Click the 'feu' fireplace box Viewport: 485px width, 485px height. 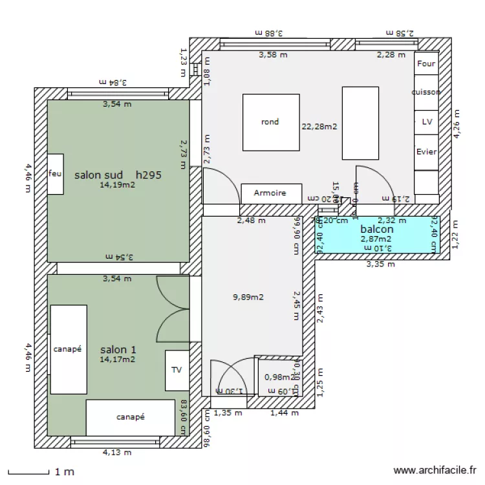pos(55,174)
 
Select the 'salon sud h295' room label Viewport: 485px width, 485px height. pos(117,175)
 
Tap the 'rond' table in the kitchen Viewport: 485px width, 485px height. pos(270,122)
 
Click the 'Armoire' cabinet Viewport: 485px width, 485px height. pos(272,193)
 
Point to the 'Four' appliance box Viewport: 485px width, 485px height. pos(426,64)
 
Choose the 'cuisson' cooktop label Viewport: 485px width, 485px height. pos(426,92)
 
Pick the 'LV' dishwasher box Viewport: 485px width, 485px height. pos(426,121)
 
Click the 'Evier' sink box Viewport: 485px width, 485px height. pos(426,151)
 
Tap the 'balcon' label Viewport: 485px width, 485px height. pos(377,229)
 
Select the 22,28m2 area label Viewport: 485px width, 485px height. pos(319,127)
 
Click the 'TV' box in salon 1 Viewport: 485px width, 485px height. pos(177,370)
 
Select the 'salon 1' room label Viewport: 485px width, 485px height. pos(118,350)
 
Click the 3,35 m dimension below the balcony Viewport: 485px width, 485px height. pos(380,264)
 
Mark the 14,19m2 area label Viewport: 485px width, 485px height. pos(117,185)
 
